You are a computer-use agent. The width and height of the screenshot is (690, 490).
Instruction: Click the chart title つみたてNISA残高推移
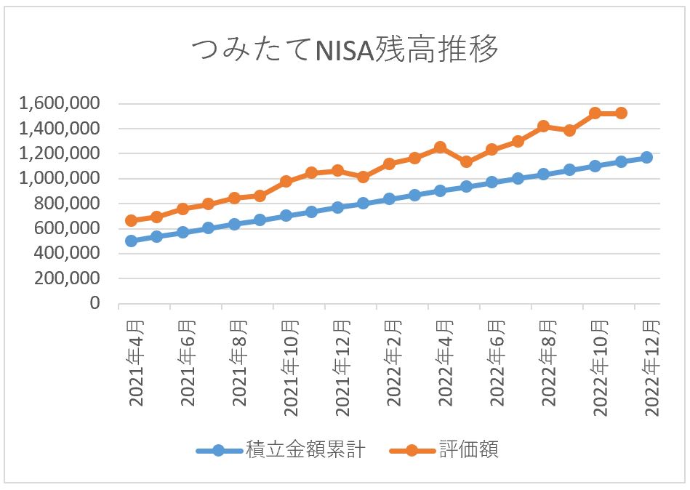click(x=345, y=52)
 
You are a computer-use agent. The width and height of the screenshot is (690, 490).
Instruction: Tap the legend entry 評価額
click(x=469, y=450)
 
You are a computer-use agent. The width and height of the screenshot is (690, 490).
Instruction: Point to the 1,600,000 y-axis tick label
click(x=60, y=104)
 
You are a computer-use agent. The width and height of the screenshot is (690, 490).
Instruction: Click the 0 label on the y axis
click(x=94, y=303)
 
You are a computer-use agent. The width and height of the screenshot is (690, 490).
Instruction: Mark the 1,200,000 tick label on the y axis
click(x=60, y=153)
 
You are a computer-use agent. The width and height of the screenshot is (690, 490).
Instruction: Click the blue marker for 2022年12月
click(x=646, y=157)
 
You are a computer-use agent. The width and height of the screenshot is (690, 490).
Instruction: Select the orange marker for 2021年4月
click(x=131, y=220)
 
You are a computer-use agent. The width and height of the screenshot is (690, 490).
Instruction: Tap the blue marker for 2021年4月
click(x=131, y=241)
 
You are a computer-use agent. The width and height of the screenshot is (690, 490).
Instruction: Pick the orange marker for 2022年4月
click(x=440, y=148)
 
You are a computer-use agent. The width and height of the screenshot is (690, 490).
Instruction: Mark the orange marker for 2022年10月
click(x=595, y=113)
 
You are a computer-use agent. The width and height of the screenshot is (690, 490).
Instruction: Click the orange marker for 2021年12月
click(x=337, y=170)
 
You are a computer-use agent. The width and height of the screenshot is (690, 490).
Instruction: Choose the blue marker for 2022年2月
click(x=389, y=198)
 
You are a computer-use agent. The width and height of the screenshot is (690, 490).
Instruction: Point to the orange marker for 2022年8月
click(x=543, y=126)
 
